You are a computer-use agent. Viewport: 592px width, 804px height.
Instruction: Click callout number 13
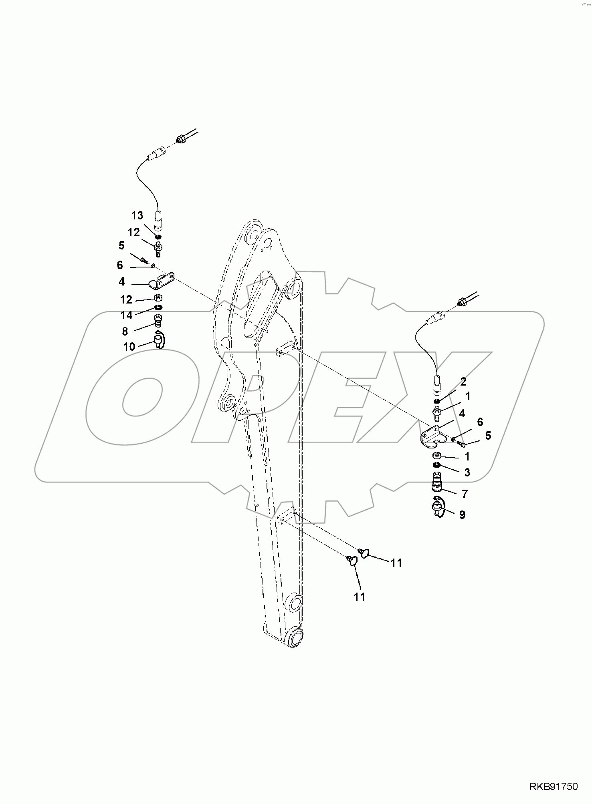tap(137, 215)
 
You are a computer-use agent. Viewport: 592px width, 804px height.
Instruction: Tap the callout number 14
tap(127, 315)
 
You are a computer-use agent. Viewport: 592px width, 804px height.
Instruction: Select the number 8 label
tap(125, 331)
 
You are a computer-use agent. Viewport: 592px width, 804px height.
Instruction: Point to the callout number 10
tap(129, 346)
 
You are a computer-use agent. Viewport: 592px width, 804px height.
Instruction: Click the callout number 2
tap(463, 382)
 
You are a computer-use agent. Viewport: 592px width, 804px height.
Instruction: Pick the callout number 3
tap(467, 472)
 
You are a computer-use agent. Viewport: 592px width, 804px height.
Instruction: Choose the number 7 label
tap(465, 494)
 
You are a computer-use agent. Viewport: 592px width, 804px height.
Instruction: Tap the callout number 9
tap(462, 515)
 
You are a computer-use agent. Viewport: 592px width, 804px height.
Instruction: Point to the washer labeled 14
tap(158, 308)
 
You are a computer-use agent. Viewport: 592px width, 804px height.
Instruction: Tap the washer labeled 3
tap(437, 464)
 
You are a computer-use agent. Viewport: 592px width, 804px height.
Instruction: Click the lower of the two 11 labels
tap(360, 597)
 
